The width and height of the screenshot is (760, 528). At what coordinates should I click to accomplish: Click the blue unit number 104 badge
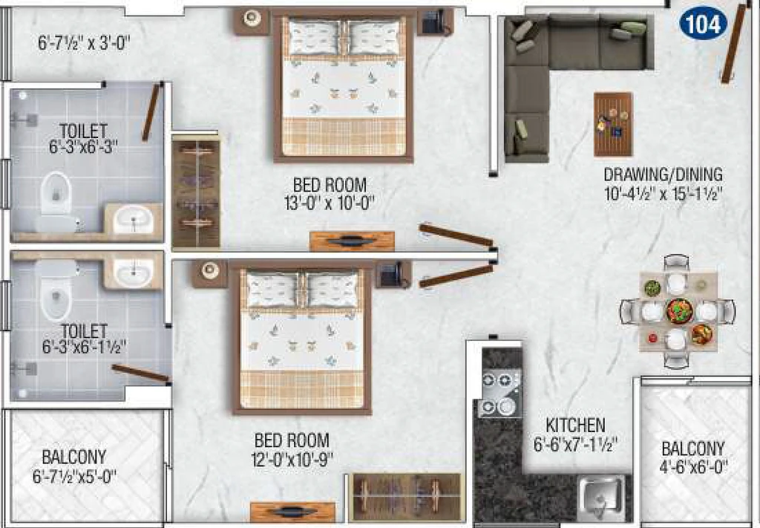pos(704,24)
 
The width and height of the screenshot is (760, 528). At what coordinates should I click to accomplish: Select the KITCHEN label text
pos(575,426)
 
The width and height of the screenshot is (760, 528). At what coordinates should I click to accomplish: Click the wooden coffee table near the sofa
pos(613,124)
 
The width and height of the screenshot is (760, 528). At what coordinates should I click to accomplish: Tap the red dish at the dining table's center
pos(678,311)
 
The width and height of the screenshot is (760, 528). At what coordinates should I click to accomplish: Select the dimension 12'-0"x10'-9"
pos(292,459)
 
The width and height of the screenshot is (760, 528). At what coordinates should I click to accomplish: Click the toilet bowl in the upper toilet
pos(56,194)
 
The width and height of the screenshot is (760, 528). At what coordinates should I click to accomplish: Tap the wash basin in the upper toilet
pos(134,219)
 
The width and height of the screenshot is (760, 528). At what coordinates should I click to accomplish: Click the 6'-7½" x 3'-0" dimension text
pos(84,44)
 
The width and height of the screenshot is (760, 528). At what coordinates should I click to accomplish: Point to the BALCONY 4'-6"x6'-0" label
pos(693,457)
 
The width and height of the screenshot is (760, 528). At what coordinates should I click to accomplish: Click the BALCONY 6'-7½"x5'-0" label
pos(74,466)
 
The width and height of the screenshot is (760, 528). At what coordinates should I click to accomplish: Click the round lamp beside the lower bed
pos(210,270)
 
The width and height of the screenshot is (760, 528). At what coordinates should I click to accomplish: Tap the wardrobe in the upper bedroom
pos(196,191)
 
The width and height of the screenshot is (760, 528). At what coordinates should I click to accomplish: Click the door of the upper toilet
pos(151,112)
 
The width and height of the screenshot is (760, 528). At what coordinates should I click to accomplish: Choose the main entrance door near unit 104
pos(733,44)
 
